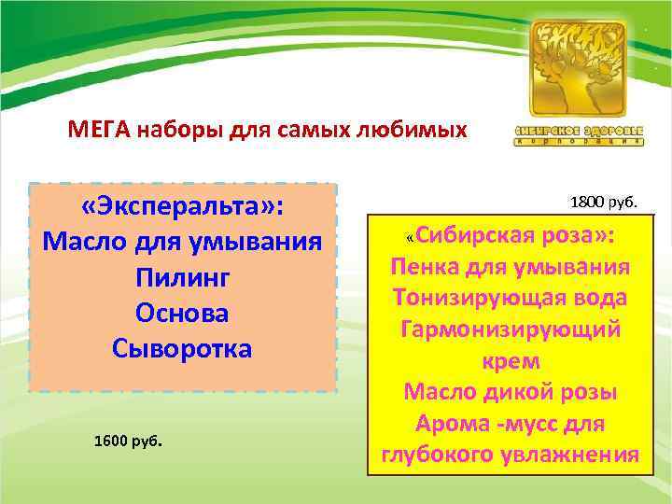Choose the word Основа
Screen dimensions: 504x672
click(183, 314)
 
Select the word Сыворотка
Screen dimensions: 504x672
click(183, 349)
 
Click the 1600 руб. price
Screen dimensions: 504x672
click(129, 440)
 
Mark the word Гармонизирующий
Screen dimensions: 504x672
click(511, 329)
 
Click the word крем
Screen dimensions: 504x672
click(511, 360)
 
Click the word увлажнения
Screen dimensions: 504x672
click(574, 455)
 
